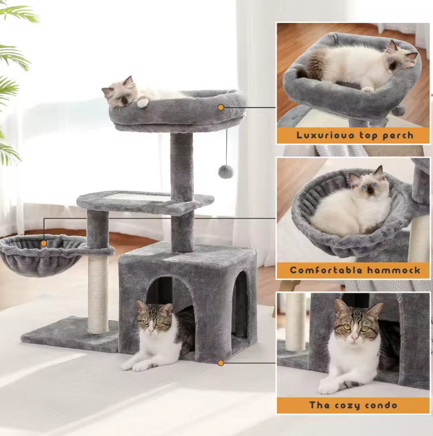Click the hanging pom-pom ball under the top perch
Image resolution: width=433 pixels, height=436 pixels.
pos(226,171)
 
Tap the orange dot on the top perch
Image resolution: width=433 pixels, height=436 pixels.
pos(220,107)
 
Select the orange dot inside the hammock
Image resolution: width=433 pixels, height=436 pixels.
pos(44,243)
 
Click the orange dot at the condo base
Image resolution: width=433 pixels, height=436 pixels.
pos(220,362)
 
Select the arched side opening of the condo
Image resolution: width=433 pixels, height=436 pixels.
pos(241,312)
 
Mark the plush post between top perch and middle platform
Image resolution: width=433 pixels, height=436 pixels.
pos(182,167)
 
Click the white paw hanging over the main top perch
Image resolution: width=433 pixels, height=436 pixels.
pos(142,103)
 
